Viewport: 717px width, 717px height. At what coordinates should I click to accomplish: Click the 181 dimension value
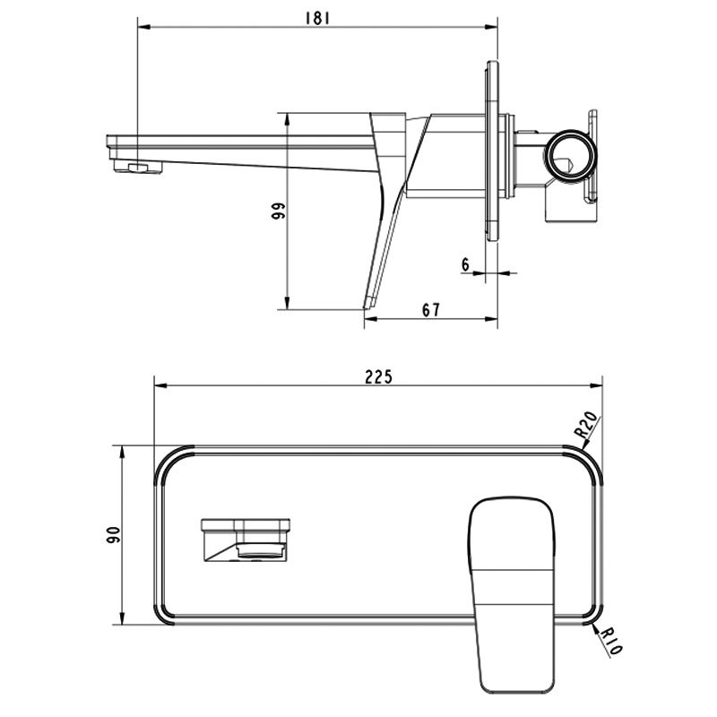(x=317, y=18)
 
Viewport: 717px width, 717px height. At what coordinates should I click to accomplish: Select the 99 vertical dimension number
(x=278, y=211)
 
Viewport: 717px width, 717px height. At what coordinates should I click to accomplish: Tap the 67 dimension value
(x=431, y=310)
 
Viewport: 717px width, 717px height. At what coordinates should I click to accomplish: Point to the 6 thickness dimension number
(x=465, y=264)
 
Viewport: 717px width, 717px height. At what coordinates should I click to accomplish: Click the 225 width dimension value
(x=378, y=377)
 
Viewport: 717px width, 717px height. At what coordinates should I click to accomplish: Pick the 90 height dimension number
(x=113, y=535)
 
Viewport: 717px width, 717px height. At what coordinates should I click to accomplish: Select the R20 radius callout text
(x=586, y=424)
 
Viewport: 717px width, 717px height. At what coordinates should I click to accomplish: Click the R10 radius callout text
(x=610, y=641)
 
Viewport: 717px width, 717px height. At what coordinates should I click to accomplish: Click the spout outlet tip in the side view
(x=138, y=168)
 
